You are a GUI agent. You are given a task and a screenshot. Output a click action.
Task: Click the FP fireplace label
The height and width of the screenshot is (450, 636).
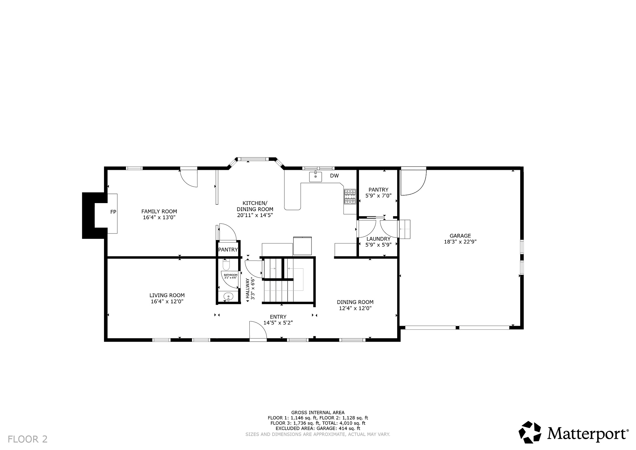(x=113, y=212)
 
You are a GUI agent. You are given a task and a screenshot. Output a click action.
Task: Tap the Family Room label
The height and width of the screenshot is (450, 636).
(x=159, y=215)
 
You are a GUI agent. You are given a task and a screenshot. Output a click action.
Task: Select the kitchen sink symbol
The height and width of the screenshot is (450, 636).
(x=316, y=176)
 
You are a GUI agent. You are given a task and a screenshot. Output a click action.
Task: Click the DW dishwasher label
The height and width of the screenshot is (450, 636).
(x=334, y=176)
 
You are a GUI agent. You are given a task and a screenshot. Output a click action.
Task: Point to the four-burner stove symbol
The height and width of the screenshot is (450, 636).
(x=350, y=197)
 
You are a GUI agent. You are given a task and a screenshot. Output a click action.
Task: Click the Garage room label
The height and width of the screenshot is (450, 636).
(x=460, y=239)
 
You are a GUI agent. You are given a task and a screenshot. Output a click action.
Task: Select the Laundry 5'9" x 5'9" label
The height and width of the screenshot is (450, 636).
(x=378, y=242)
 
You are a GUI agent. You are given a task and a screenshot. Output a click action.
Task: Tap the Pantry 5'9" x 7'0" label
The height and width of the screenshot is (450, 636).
(x=378, y=193)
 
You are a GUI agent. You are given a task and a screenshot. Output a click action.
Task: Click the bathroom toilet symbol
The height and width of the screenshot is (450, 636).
(x=226, y=265)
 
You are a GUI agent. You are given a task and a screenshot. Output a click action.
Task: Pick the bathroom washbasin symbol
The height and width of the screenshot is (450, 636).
(x=228, y=297)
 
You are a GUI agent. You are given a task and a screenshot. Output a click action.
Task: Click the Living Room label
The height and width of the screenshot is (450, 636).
(x=167, y=298)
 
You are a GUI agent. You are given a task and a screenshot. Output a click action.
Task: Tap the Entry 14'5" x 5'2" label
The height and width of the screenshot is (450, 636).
(x=278, y=320)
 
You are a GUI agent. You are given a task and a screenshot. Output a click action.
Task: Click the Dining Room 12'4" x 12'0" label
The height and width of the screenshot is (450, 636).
(x=355, y=305)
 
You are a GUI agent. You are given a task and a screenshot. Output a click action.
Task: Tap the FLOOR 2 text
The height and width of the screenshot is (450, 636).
(x=28, y=439)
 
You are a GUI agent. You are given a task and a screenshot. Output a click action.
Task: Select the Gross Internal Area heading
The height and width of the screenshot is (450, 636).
(x=318, y=412)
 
